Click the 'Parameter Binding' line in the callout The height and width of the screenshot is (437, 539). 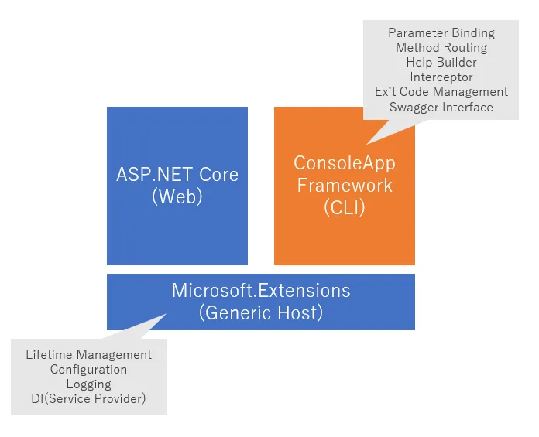(441, 32)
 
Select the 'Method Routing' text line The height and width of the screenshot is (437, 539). (441, 47)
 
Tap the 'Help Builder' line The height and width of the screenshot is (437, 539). (441, 62)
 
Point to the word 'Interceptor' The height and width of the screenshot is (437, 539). (441, 77)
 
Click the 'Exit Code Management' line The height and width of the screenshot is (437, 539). (441, 92)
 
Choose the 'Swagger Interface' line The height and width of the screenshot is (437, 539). (441, 107)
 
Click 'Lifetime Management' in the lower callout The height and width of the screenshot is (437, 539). (89, 355)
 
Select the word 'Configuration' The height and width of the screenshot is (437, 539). (89, 370)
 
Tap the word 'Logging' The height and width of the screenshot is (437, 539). (89, 384)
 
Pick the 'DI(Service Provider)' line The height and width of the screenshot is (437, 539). (89, 399)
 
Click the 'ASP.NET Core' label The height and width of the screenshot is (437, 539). (177, 173)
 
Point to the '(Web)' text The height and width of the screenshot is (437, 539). (177, 196)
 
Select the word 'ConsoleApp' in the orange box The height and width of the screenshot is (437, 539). (344, 163)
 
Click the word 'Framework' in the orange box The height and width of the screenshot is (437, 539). (344, 186)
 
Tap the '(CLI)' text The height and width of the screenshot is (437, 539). (344, 208)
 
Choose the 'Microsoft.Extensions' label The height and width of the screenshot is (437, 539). (261, 291)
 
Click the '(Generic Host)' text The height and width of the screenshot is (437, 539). (261, 313)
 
